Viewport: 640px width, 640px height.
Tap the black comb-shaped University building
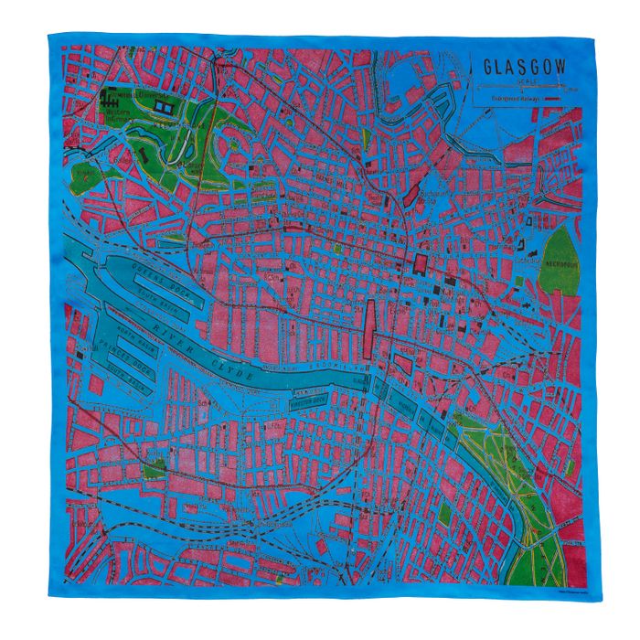(120, 94)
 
